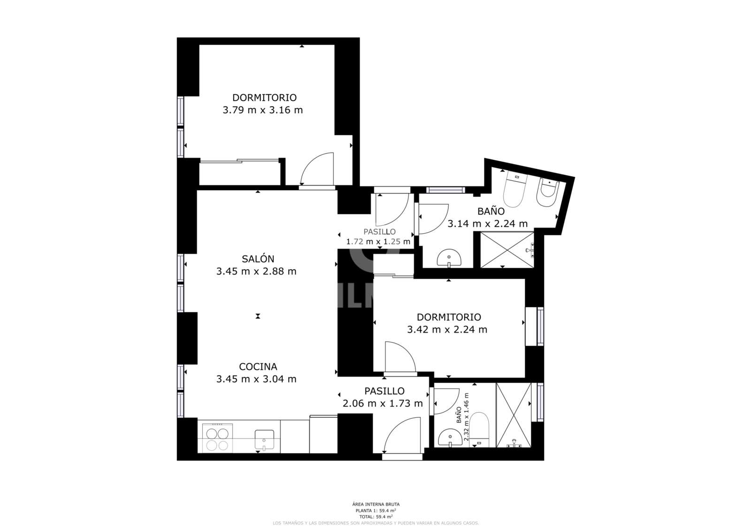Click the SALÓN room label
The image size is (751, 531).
(258, 259)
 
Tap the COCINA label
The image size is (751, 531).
(258, 367)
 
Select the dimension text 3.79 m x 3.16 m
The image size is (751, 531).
(262, 110)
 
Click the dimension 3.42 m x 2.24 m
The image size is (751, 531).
(447, 330)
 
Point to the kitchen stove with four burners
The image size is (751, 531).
(217, 438)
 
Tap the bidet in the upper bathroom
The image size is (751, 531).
(547, 192)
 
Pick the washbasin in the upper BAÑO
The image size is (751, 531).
(449, 258)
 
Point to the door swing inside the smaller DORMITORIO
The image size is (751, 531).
(399, 357)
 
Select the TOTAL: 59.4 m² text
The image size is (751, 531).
(375, 516)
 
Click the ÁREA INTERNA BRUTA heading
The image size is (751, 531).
(375, 504)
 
